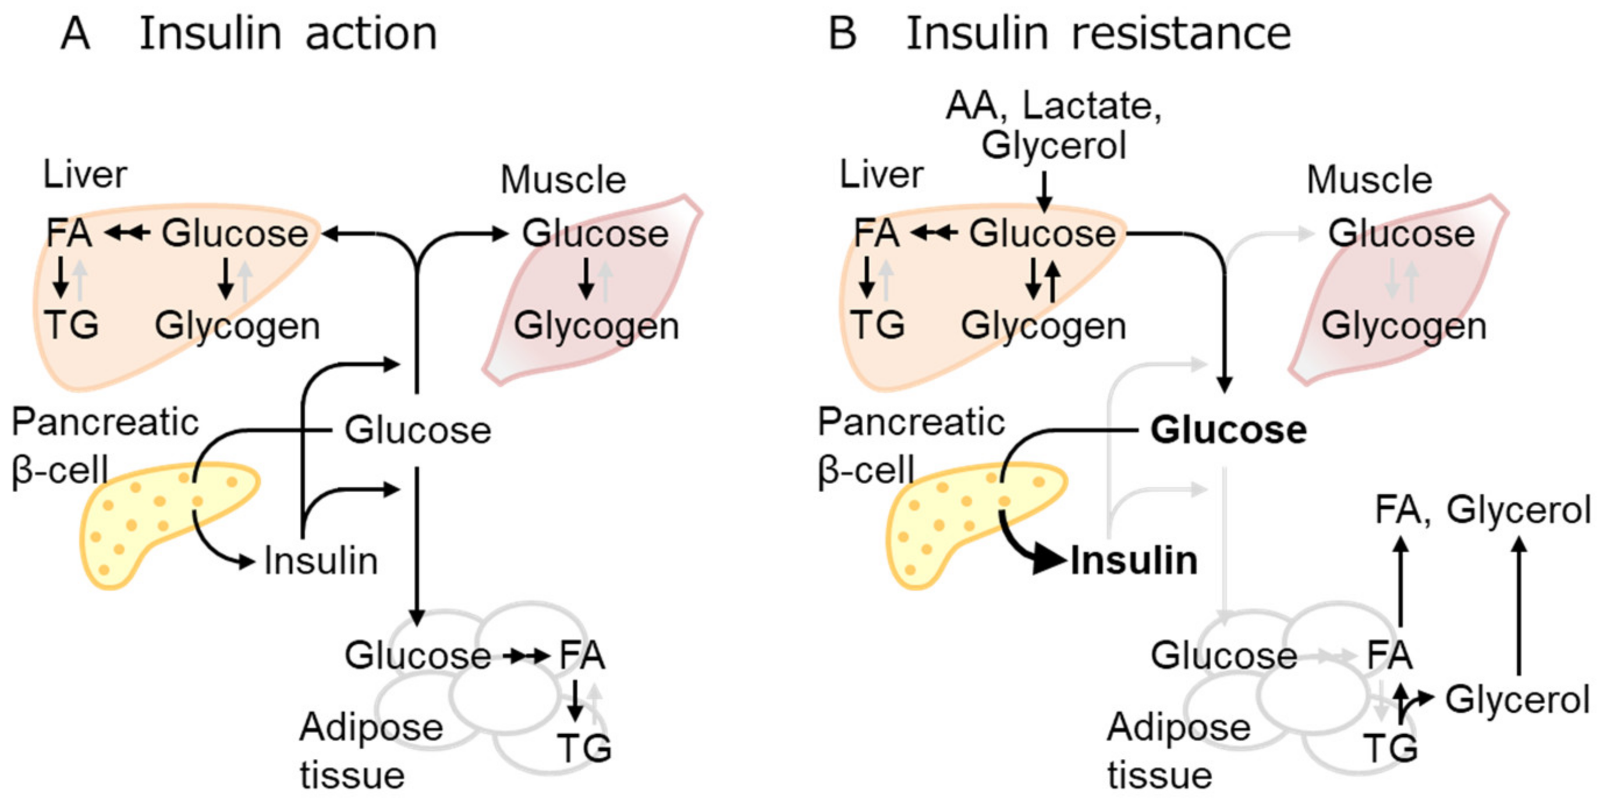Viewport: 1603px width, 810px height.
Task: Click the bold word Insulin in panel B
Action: click(1134, 560)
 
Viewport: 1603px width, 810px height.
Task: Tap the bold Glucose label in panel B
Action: click(1228, 430)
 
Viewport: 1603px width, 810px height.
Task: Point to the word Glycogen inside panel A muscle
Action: click(596, 326)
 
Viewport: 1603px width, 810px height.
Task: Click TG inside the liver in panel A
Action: click(71, 325)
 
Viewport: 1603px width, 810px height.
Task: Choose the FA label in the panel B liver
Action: click(876, 233)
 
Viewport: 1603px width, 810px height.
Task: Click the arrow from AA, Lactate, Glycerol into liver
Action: click(1044, 191)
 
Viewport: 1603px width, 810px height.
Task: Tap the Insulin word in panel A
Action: click(321, 560)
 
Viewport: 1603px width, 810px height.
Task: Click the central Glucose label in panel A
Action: click(417, 430)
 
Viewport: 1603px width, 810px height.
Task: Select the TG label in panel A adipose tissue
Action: click(584, 748)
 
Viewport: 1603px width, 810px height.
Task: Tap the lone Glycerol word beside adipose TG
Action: click(1517, 699)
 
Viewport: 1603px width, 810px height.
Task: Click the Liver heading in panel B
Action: click(881, 175)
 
